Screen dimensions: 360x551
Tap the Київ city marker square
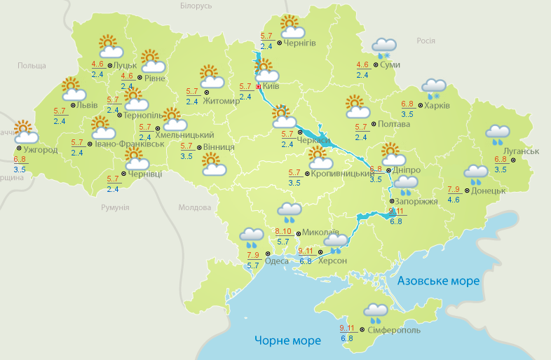coord(259,87)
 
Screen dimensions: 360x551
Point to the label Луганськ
coord(520,151)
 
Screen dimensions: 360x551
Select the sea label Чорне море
coord(287,340)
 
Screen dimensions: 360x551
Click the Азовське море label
coord(439,281)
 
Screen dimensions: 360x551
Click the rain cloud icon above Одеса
coord(252,237)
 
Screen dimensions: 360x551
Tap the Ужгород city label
coord(40,150)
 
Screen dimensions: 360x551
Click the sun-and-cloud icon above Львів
coord(73,89)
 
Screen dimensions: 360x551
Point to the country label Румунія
coord(115,207)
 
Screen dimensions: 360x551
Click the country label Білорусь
coord(196,6)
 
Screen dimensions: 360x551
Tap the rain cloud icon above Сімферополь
coord(376,312)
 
